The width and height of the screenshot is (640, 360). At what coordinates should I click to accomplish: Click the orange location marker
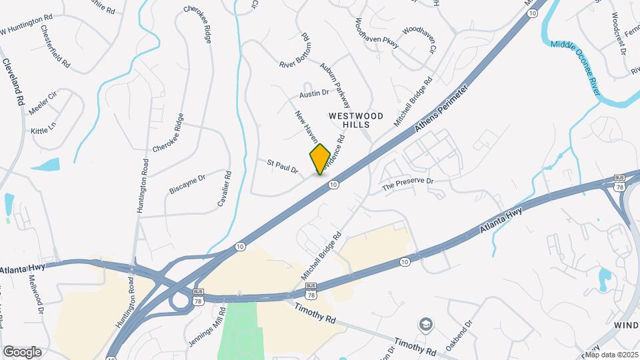(320, 159)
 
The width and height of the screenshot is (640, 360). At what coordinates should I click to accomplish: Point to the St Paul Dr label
(282, 166)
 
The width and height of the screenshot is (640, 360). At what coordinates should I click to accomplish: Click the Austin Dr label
(314, 94)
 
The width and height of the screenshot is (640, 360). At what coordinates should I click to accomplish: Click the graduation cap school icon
(424, 324)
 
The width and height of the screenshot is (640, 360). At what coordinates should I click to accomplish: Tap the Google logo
(21, 351)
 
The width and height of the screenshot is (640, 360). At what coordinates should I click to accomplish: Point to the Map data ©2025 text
(611, 355)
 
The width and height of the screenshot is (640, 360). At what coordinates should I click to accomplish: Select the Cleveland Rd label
(13, 83)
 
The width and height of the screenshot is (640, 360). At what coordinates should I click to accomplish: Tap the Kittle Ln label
(44, 127)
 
